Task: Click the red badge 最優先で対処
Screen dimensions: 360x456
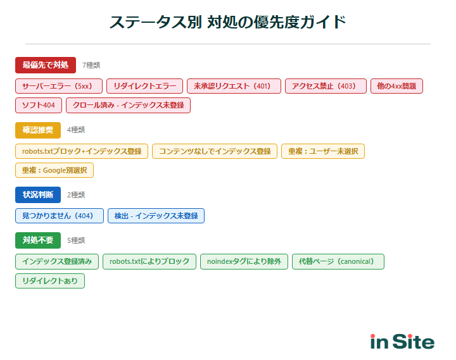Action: (45, 65)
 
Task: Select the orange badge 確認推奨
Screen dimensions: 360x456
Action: (37, 130)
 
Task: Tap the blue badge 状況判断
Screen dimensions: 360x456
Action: (37, 195)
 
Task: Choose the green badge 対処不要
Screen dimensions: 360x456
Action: (37, 240)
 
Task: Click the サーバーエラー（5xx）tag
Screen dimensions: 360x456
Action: (58, 86)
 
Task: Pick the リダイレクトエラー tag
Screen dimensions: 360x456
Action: (144, 86)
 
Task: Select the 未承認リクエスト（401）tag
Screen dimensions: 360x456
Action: (234, 86)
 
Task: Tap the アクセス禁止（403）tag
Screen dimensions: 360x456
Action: (326, 86)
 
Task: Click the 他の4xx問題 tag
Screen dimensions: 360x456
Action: (396, 86)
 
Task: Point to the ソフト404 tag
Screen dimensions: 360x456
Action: (38, 106)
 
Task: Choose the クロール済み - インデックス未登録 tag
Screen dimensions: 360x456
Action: (128, 106)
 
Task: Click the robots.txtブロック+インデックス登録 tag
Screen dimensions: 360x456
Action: (82, 151)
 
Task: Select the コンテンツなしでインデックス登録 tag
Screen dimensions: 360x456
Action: (215, 151)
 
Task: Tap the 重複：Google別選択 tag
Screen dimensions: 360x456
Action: (54, 171)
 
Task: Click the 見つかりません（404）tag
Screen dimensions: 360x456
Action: (59, 216)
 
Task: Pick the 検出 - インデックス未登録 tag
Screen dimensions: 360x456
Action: (156, 216)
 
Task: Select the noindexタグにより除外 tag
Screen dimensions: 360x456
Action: (244, 261)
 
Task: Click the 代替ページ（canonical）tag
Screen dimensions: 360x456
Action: (338, 261)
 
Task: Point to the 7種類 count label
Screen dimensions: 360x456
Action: (91, 65)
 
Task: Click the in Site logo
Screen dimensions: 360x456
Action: (402, 342)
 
